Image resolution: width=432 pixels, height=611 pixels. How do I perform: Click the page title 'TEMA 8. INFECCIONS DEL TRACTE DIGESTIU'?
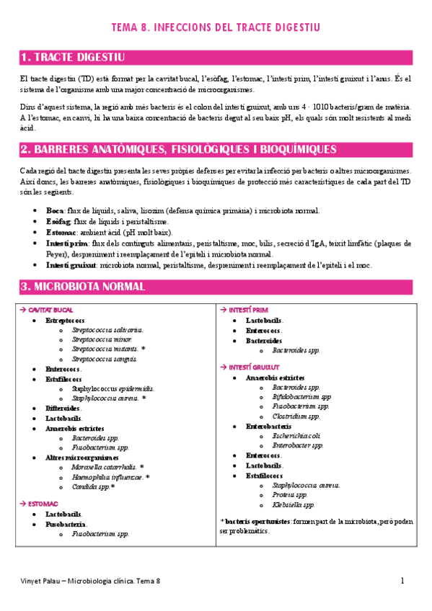[216, 28]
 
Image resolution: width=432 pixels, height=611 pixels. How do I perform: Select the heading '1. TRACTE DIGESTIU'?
[74, 57]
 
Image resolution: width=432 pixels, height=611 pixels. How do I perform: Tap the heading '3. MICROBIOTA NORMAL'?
[84, 286]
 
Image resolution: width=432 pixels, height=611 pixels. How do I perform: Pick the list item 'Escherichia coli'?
[296, 435]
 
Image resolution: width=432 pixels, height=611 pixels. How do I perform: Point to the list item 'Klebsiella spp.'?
[294, 504]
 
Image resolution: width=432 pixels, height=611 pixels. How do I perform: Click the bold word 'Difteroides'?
[63, 408]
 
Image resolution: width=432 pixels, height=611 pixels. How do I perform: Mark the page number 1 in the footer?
[403, 580]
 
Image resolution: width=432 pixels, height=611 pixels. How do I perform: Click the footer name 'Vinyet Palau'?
[38, 581]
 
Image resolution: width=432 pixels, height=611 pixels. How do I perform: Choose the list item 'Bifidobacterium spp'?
[301, 396]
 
